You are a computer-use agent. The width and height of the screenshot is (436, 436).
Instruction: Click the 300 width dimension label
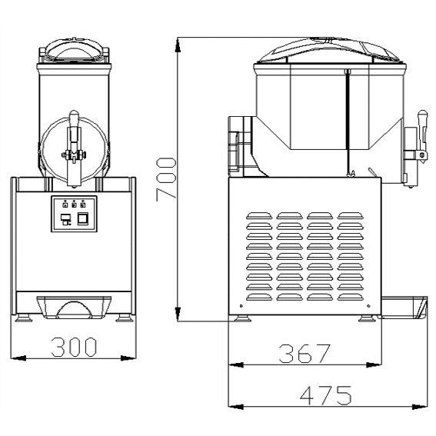[74, 347]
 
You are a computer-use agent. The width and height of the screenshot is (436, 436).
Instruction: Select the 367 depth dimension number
[305, 354]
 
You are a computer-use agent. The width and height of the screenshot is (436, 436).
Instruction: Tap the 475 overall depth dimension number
[326, 395]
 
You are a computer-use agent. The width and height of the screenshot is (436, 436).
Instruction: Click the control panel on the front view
[74, 214]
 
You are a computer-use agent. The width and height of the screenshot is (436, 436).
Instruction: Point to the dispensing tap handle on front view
[74, 148]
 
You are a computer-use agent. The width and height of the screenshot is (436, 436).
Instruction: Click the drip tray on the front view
[74, 307]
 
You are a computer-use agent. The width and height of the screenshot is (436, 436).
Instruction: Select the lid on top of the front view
[74, 50]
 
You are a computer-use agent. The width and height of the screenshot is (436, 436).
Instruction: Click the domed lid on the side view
[329, 50]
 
